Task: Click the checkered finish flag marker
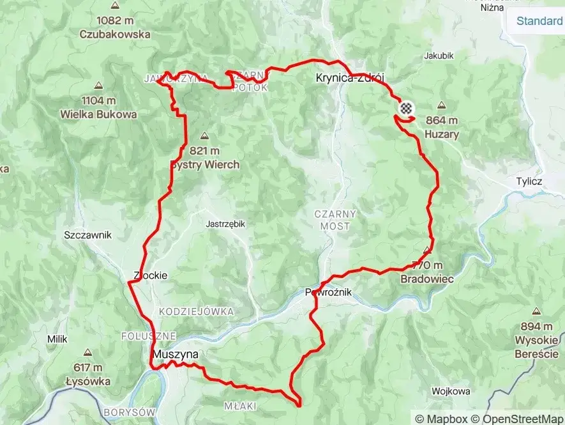pyautogui.click(x=405, y=108)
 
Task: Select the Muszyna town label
pyautogui.click(x=175, y=354)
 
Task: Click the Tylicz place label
pyautogui.click(x=529, y=182)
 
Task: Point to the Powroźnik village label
pyautogui.click(x=328, y=292)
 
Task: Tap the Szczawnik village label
pyautogui.click(x=88, y=235)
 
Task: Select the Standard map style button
pyautogui.click(x=539, y=20)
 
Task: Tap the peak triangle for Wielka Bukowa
pyautogui.click(x=98, y=85)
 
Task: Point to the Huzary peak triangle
pyautogui.click(x=442, y=105)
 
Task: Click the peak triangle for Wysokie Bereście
pyautogui.click(x=536, y=311)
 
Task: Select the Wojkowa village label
pyautogui.click(x=451, y=390)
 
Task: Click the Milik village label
pyautogui.click(x=57, y=339)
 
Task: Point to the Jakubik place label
pyautogui.click(x=439, y=56)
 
